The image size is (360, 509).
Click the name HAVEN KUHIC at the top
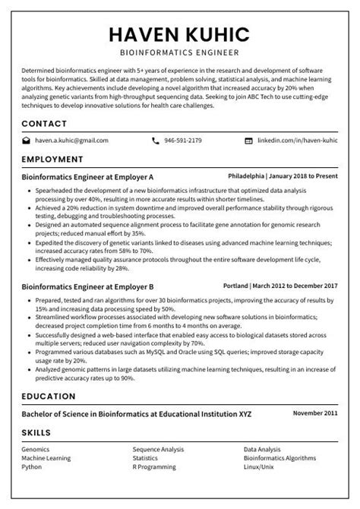point(179,34)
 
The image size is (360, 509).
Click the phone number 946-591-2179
point(183,141)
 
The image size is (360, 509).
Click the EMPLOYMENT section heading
point(52,160)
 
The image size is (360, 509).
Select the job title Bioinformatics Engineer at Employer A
point(88,175)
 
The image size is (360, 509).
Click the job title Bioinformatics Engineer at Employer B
point(88,287)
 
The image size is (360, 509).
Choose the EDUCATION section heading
point(49,397)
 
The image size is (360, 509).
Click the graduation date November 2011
point(315,413)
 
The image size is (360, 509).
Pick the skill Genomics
point(36,450)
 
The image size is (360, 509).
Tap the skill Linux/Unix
point(259,466)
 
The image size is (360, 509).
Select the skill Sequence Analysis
point(158,450)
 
